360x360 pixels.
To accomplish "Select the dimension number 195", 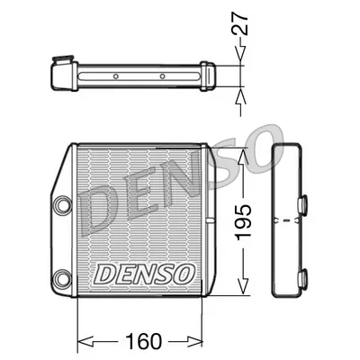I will (239, 216).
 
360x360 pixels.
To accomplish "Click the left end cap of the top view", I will (60, 75).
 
